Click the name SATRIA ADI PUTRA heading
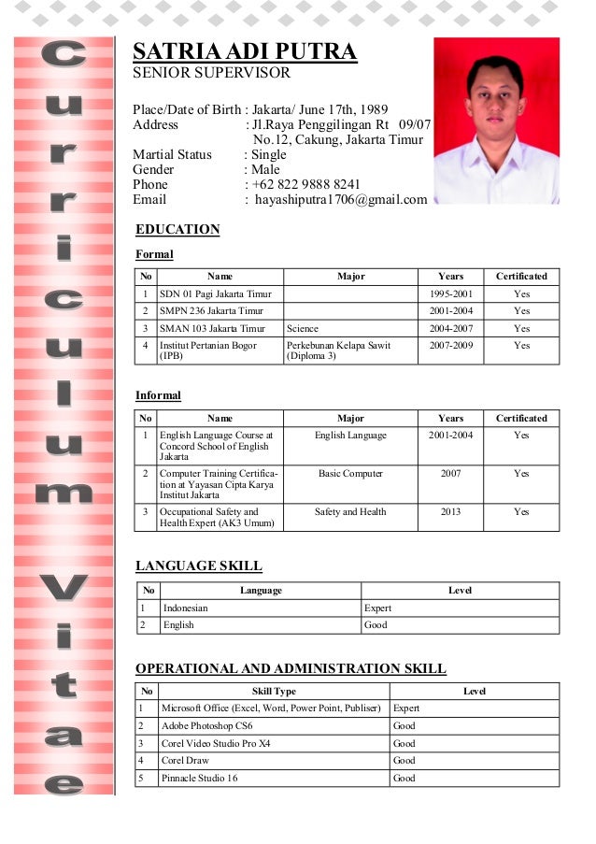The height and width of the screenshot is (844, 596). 245,52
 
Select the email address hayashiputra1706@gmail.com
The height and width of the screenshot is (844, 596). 341,199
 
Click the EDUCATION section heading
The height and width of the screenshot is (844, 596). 177,230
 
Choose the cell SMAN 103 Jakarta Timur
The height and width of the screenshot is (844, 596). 212,328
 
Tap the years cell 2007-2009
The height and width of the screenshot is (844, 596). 450,346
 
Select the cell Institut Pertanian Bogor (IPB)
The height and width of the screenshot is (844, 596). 207,350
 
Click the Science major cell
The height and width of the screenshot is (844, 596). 303,328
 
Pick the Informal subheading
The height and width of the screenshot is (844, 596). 158,395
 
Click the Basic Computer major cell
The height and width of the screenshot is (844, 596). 350,474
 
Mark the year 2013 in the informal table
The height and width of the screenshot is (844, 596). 450,512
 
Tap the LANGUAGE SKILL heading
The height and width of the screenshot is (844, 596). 198,565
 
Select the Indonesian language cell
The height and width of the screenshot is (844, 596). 186,608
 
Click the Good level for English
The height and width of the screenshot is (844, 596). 376,625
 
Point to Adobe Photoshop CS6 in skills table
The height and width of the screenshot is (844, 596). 206,725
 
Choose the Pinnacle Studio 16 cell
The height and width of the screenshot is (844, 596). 199,778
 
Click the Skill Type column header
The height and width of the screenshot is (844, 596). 274,692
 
